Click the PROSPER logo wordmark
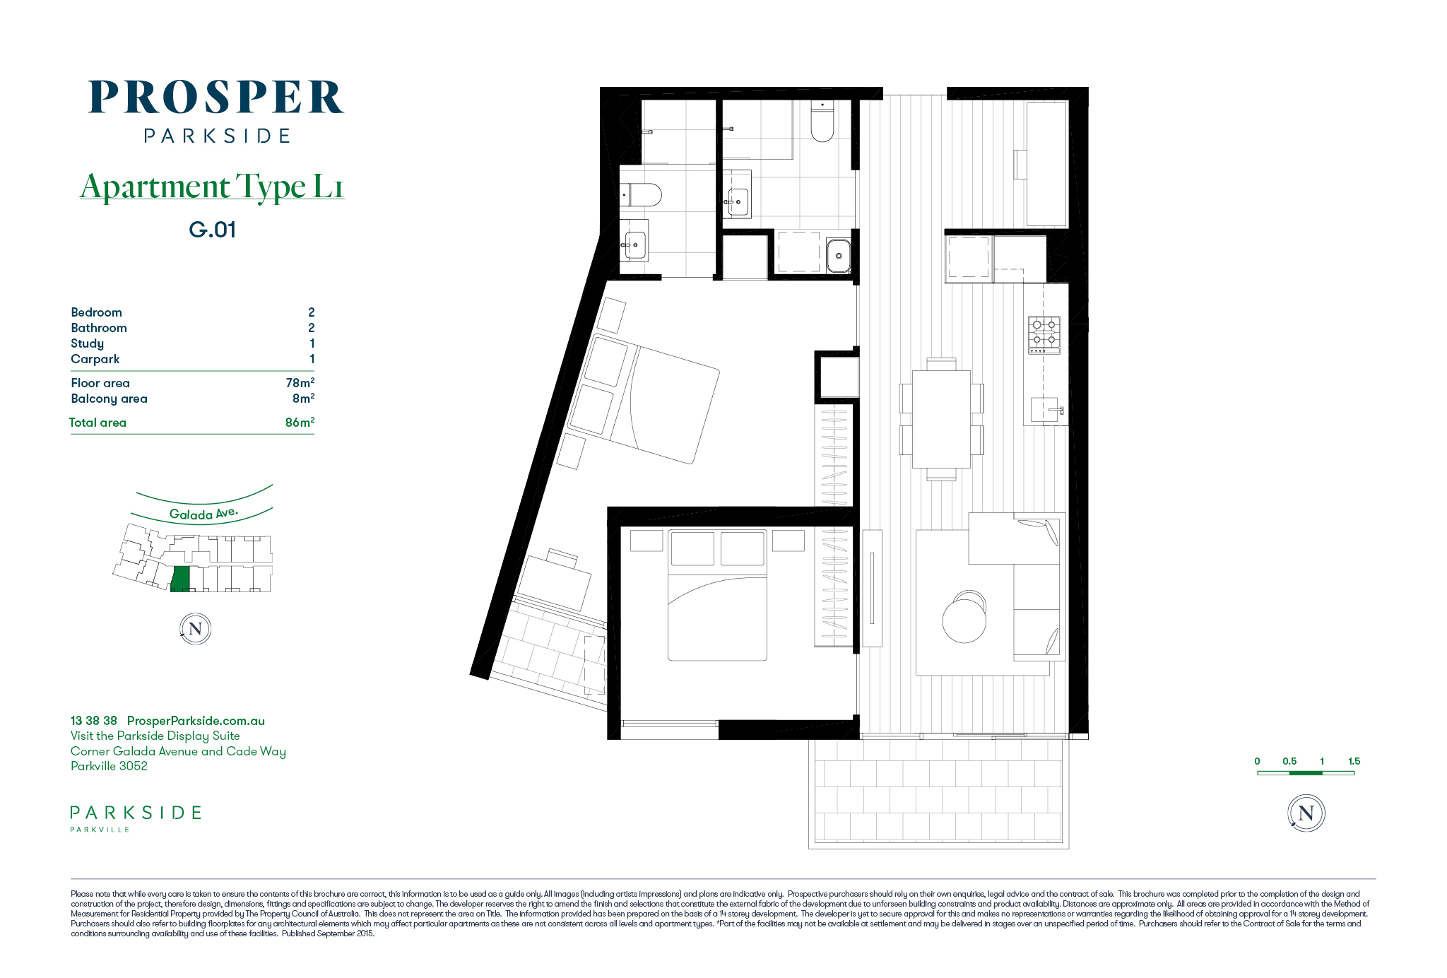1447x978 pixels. click(215, 97)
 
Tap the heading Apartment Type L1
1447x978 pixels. click(212, 187)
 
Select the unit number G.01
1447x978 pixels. click(212, 230)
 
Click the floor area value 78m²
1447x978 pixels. click(300, 382)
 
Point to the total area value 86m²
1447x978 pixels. click(300, 422)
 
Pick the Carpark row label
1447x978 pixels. click(95, 359)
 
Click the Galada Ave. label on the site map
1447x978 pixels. click(203, 514)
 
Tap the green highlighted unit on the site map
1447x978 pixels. click(181, 579)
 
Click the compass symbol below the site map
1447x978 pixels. click(196, 629)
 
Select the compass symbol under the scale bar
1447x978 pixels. click(1306, 813)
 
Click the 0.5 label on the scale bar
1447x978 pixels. click(1289, 761)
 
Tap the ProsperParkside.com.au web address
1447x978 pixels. click(196, 721)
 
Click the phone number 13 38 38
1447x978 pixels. click(94, 721)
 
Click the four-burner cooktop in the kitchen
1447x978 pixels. click(1044, 335)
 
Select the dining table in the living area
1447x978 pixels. click(941, 419)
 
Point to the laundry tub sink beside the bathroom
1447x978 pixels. click(839, 253)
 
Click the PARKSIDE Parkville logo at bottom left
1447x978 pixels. click(136, 818)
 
